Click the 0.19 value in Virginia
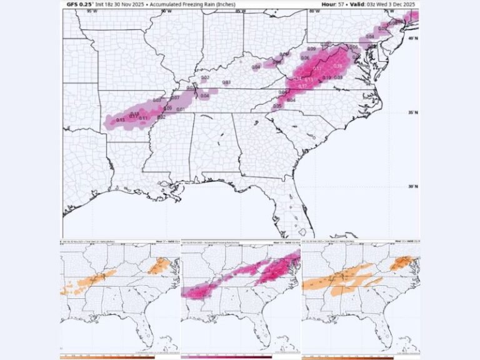click(x=326, y=77)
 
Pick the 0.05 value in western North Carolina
click(x=277, y=106)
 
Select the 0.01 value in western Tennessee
click(x=181, y=110)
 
